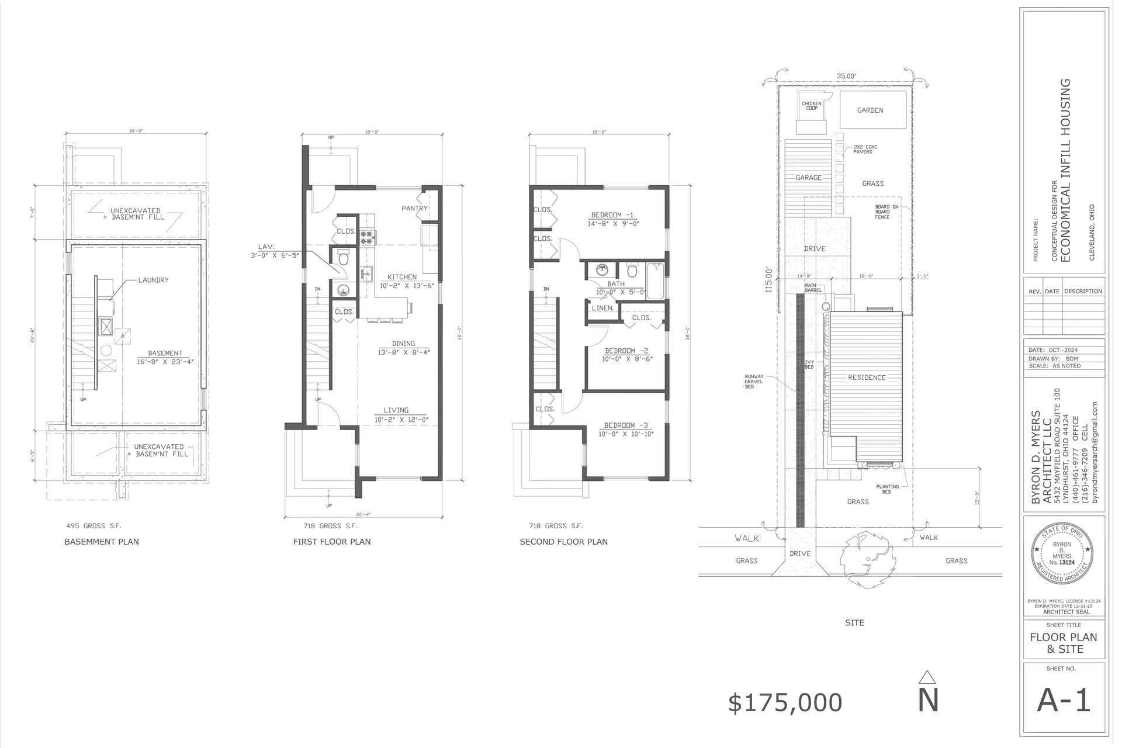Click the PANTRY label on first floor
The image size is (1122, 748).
tap(414, 209)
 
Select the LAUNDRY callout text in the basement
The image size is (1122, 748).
tap(153, 280)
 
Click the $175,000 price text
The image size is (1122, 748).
tap(785, 703)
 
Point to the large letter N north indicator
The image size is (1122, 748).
tap(928, 701)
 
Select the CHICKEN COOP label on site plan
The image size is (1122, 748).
tap(811, 106)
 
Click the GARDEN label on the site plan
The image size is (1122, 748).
tap(870, 110)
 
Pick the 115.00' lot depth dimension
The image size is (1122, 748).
tap(770, 279)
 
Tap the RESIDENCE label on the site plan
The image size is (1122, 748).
tap(867, 378)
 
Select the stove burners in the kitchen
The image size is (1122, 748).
tap(368, 237)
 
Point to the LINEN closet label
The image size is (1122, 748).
tap(602, 308)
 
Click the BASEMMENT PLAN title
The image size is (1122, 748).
tap(102, 542)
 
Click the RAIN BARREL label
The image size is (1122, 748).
tap(813, 288)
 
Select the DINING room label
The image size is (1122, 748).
tap(403, 344)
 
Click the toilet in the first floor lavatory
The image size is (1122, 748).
tap(343, 258)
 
